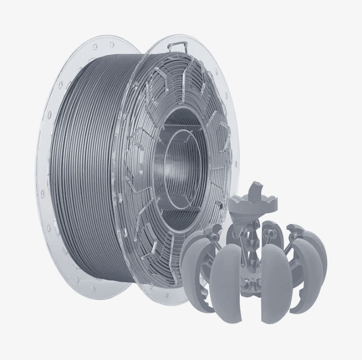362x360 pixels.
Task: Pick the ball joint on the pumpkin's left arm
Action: click(x=216, y=231)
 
